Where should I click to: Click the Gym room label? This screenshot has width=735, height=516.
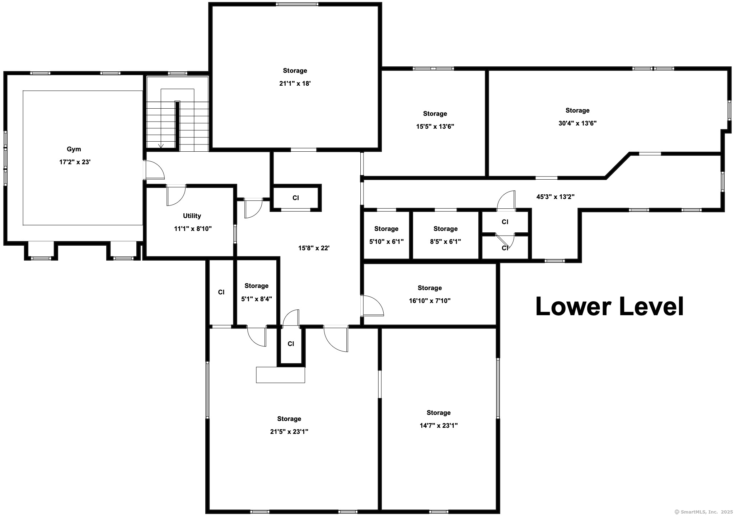coord(74,149)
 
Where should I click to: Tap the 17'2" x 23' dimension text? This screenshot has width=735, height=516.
coord(75,162)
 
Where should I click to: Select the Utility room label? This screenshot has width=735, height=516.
coord(192,216)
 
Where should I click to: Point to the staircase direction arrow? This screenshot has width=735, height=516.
coord(161,146)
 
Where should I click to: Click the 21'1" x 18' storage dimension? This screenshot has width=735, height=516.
coord(295,84)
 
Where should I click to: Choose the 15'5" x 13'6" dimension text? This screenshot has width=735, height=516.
coord(435,127)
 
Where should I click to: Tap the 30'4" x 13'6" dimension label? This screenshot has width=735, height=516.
coord(577,123)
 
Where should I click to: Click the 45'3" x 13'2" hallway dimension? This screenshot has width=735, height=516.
coord(556,197)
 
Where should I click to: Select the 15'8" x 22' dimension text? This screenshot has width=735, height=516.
coord(314,248)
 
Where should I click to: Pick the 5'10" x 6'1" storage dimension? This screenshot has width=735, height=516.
coord(387,242)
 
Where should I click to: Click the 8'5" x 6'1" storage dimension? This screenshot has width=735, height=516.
coord(445,242)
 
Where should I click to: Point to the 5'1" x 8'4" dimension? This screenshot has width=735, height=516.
coord(257,299)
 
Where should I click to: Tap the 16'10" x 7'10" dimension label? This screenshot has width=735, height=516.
coord(430,301)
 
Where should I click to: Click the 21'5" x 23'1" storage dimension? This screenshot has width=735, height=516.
coord(289,432)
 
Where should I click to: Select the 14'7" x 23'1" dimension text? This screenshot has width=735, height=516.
coord(439,426)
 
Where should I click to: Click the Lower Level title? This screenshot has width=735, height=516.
coord(609,307)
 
